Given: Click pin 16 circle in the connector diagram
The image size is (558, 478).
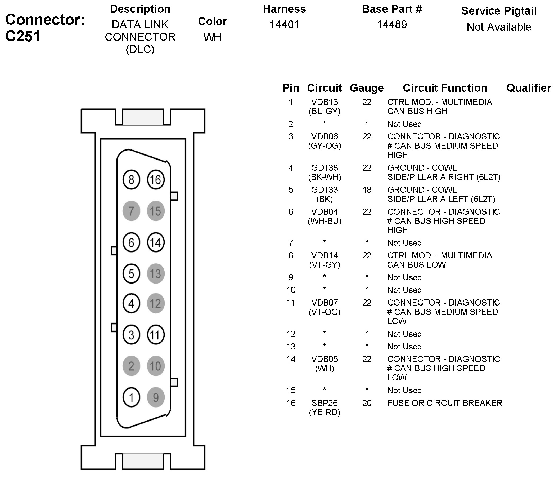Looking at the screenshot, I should (x=156, y=180).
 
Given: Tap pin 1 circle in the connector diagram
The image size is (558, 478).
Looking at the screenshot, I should (x=131, y=397).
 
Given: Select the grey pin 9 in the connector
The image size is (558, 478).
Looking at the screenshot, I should (x=156, y=397).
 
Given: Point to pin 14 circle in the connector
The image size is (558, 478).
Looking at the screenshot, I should (x=156, y=242).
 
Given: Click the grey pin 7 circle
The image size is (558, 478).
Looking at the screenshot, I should (x=131, y=211).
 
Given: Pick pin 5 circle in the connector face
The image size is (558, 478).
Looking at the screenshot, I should (x=131, y=274).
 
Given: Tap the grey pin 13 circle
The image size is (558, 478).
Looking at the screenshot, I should (x=156, y=274).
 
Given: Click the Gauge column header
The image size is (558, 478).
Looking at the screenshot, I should (x=367, y=88).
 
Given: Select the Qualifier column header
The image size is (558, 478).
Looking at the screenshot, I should (x=528, y=88).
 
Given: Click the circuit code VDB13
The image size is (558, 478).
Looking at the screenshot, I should (x=324, y=102).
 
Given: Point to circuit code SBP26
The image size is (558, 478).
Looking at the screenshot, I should (x=324, y=403).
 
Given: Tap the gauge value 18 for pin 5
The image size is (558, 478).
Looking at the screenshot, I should (x=367, y=189).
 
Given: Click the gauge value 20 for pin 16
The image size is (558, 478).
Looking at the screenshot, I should (x=367, y=403).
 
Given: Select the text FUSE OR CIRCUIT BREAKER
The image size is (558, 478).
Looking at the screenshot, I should (x=445, y=403).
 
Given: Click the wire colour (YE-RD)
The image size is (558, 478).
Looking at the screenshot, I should (x=324, y=412).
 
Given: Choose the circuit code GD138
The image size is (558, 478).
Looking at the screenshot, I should (x=324, y=168).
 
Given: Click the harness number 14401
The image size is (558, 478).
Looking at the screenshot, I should (x=284, y=25).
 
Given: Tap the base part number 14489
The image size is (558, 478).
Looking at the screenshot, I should (x=391, y=25).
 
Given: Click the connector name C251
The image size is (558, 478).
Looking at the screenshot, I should (x=23, y=36).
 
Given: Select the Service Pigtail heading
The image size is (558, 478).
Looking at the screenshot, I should (x=499, y=11).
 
